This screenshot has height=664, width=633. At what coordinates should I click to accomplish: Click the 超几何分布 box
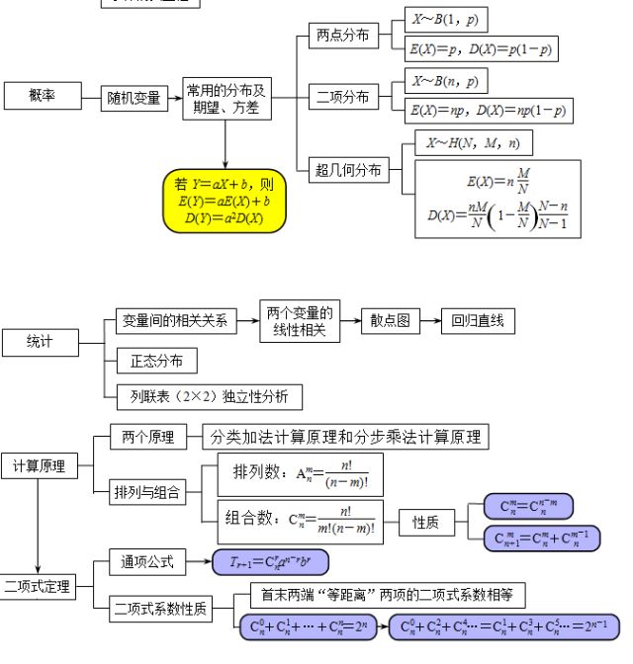348,170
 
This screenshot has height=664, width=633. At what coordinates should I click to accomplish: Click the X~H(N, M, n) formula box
472,143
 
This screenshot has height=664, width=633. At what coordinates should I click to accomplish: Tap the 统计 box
40,342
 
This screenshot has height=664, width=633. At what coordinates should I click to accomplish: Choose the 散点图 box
390,320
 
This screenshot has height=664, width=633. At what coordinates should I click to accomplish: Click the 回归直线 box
477,320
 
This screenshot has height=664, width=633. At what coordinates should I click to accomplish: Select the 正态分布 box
149,360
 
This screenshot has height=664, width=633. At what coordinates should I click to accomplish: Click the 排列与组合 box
147,492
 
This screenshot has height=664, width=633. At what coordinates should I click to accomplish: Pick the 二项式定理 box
37,586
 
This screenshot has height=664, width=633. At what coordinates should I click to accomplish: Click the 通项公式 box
146,562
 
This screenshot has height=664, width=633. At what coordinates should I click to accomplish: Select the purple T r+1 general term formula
269,563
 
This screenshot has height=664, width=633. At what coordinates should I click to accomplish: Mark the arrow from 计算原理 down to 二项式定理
38,524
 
